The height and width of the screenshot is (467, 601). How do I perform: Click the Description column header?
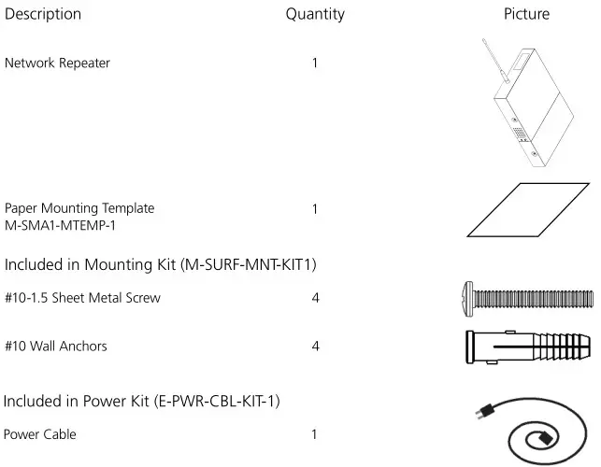(43, 14)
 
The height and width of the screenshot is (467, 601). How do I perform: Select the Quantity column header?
(315, 14)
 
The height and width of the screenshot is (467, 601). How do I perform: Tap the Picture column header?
(526, 14)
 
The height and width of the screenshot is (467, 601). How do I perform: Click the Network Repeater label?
(57, 64)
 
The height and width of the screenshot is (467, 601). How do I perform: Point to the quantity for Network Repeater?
(315, 64)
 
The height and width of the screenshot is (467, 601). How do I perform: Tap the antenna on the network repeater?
(490, 55)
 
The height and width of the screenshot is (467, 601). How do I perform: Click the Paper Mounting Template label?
(79, 208)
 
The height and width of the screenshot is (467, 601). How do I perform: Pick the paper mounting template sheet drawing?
(527, 209)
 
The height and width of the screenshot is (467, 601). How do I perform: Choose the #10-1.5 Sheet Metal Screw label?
(82, 299)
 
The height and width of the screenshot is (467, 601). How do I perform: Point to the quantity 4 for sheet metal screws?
(316, 299)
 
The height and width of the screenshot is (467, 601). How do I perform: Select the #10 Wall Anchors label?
(56, 347)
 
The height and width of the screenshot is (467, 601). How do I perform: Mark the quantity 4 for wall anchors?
(316, 347)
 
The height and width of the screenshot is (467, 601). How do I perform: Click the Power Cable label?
(40, 434)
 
